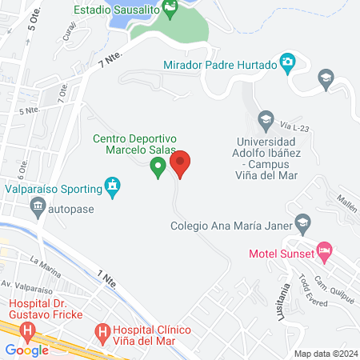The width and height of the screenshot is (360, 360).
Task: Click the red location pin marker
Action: (181, 164)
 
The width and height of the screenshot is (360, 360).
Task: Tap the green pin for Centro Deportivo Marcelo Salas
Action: (158, 167)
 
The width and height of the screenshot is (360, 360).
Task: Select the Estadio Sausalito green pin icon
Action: (170, 10)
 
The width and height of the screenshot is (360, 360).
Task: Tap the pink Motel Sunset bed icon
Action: (324, 251)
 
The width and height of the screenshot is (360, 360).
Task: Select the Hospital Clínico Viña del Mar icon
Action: (102, 330)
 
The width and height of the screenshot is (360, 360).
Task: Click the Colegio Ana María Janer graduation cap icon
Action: (302, 222)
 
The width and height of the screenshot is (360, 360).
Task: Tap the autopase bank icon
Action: (38, 209)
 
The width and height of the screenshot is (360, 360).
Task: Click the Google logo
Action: (26, 350)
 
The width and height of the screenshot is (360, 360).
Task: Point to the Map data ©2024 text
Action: (325, 353)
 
